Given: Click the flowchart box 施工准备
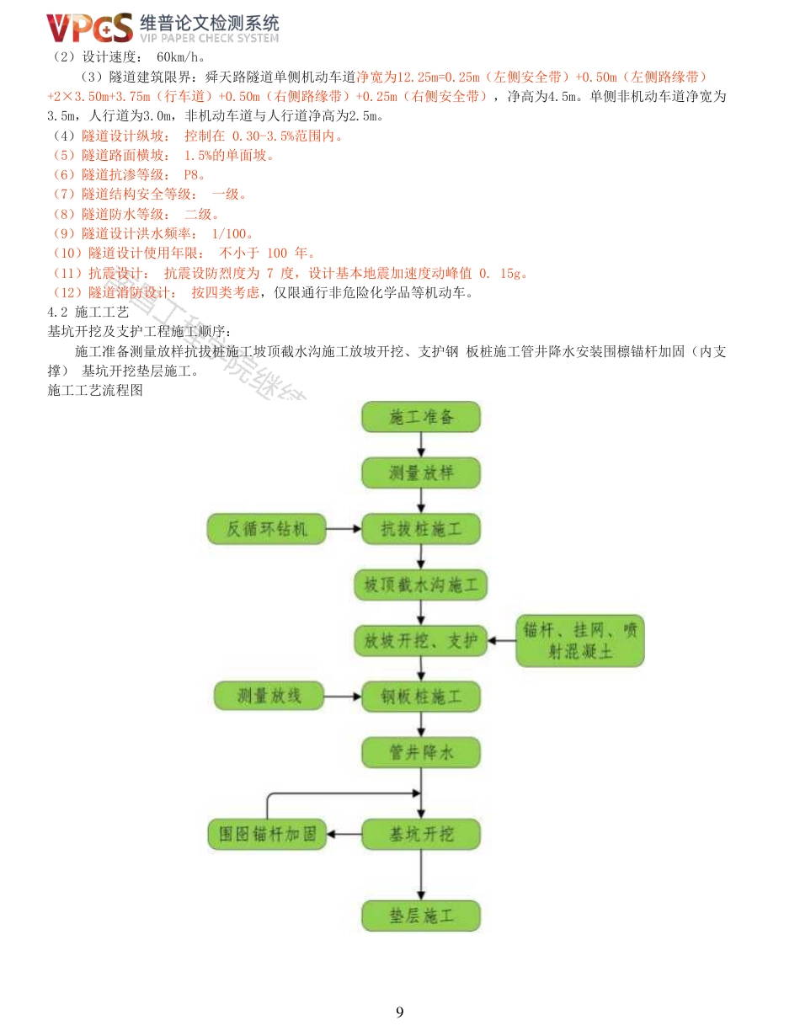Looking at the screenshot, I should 421,417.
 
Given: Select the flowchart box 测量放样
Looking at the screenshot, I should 421,473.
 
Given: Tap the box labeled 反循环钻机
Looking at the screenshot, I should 267,529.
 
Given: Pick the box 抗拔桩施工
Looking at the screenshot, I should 421,529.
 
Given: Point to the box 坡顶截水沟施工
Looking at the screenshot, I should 421,585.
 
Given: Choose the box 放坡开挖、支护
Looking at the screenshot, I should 421,641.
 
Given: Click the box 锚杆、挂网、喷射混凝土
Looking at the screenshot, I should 580,640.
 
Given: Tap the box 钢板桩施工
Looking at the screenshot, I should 421,697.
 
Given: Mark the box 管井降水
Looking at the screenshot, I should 421,752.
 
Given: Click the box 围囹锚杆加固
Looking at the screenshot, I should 267,834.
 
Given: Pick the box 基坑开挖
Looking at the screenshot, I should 421,834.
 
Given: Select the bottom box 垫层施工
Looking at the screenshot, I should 421,916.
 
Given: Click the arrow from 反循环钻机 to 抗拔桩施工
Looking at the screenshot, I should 344,529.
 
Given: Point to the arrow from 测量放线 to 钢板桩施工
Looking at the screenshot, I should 344,697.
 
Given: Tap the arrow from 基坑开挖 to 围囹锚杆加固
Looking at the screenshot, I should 344,834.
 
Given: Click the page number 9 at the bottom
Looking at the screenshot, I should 400,1012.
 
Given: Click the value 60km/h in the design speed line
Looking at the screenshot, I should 181,58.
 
